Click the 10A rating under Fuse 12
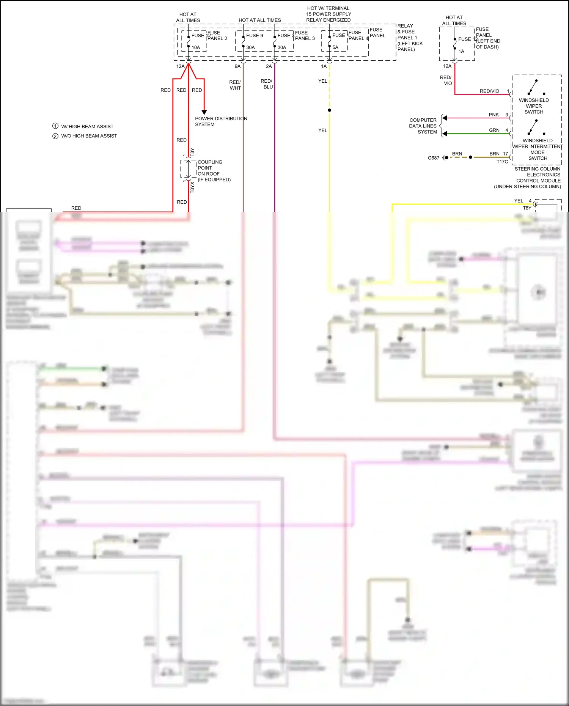[x=196, y=48]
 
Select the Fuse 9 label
[x=255, y=36]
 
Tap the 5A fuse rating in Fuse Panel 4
[x=335, y=48]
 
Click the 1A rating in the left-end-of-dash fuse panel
[x=461, y=52]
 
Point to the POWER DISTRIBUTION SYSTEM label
[x=221, y=121]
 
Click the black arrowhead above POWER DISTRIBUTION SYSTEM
[x=204, y=112]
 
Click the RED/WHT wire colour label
[x=235, y=85]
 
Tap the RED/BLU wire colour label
[x=267, y=84]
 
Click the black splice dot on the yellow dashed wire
[x=329, y=110]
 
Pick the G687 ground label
[x=433, y=158]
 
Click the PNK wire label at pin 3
[x=494, y=115]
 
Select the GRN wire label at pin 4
[x=494, y=130]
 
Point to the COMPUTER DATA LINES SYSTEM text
[x=423, y=126]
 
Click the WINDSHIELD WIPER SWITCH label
[x=534, y=106]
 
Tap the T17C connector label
[x=502, y=162]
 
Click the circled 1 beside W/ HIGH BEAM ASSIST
[x=55, y=126]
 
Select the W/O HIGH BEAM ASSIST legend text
[x=89, y=136]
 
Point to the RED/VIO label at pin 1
[x=489, y=91]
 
